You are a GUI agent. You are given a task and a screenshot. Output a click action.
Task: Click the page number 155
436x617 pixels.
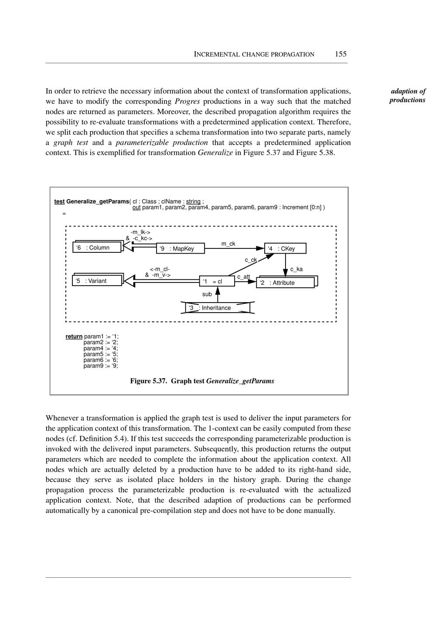[x=341, y=54]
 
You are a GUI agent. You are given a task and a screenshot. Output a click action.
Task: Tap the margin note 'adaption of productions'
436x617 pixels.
[x=408, y=96]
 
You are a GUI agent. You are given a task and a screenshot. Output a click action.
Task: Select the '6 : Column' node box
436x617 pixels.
[x=97, y=248]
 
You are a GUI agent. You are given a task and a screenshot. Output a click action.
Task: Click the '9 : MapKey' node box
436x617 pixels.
[x=181, y=248]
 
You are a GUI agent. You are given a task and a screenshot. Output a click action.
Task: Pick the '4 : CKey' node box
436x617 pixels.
[x=285, y=248]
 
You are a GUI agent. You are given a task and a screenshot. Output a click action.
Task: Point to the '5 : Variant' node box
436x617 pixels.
[x=96, y=281]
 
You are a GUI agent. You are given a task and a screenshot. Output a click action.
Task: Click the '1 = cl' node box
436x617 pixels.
[x=217, y=282]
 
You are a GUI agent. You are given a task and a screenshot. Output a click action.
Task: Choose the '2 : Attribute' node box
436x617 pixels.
[x=286, y=283]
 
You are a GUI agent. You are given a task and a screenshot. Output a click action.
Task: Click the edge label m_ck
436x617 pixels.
[x=228, y=244]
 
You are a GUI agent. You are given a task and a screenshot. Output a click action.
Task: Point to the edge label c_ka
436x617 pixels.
[x=296, y=269]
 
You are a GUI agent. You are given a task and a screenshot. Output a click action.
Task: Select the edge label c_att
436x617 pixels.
[x=243, y=276]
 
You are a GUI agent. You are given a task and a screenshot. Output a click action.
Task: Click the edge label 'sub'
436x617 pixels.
[x=207, y=294]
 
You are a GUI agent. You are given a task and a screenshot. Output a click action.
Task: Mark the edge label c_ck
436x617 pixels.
[x=250, y=260]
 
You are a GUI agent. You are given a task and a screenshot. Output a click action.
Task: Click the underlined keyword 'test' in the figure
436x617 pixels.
[x=59, y=201]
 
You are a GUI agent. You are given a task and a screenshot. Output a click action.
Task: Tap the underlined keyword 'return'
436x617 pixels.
[x=74, y=336]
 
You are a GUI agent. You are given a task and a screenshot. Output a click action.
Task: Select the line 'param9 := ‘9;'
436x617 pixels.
[x=100, y=366]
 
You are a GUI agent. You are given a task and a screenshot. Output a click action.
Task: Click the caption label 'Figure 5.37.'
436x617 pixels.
[x=148, y=381]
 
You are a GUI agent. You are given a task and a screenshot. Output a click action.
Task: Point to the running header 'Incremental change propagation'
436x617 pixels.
[x=254, y=55]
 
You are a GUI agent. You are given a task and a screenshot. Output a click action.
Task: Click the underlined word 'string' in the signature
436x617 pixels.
[x=193, y=201]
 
